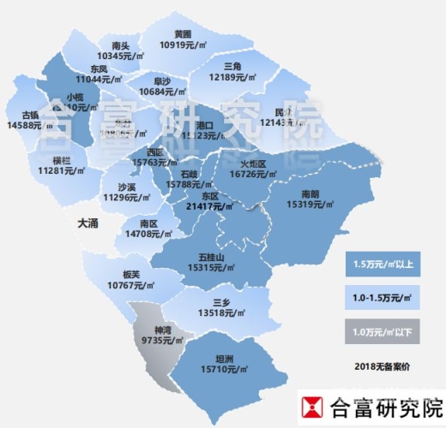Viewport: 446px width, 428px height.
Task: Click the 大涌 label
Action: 88,223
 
